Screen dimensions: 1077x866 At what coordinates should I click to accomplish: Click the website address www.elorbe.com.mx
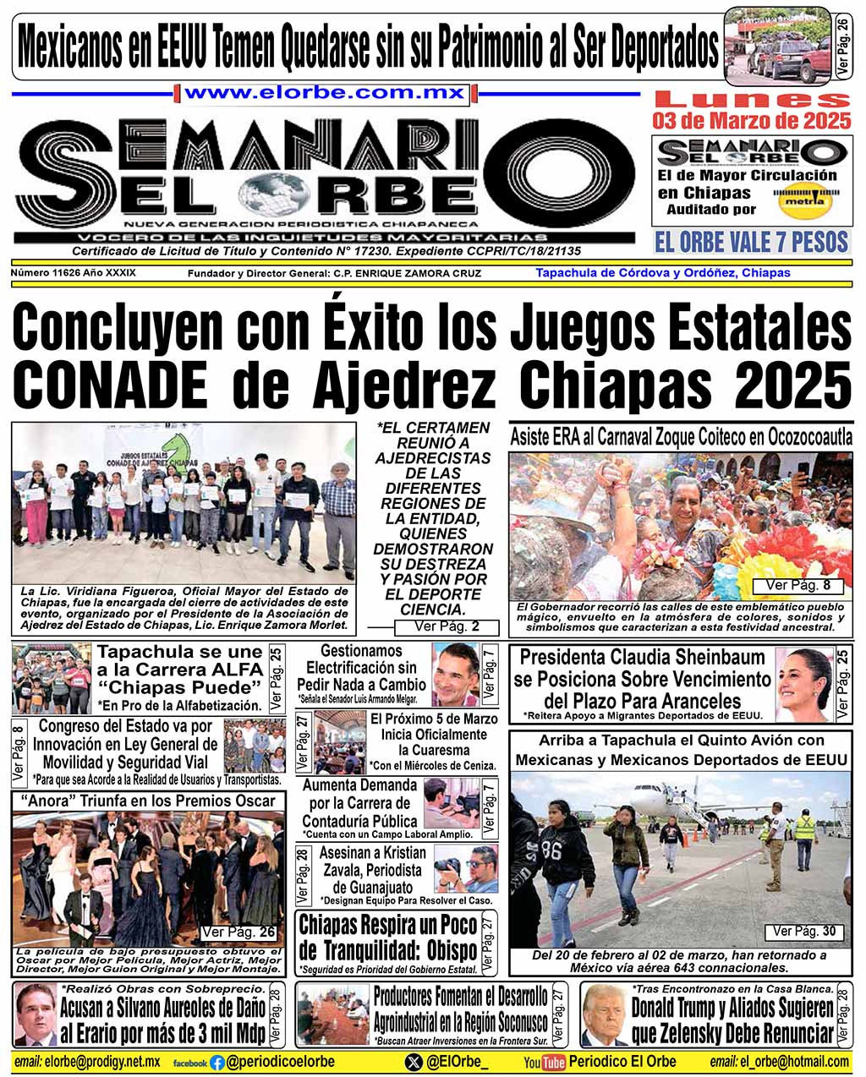(x=325, y=93)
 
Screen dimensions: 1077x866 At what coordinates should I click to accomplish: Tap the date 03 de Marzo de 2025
(x=752, y=121)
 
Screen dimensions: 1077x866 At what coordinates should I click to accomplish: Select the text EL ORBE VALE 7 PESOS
(x=751, y=243)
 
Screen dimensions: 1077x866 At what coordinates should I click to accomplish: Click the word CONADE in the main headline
(x=110, y=383)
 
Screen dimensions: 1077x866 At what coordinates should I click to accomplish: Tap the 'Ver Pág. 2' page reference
(x=447, y=626)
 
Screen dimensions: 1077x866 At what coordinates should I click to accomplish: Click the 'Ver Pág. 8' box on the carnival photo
(x=797, y=585)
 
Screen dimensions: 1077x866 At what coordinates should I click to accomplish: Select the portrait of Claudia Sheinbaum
(x=803, y=684)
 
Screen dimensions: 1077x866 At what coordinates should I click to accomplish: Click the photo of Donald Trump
(x=604, y=1014)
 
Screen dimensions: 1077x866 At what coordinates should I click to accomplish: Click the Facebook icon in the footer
(x=216, y=1063)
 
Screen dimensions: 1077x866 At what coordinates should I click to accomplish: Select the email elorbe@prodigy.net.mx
(x=87, y=1062)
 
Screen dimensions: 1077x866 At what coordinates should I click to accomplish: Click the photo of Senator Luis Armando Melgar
(x=454, y=674)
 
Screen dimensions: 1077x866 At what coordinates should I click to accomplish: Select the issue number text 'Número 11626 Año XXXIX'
(x=74, y=273)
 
